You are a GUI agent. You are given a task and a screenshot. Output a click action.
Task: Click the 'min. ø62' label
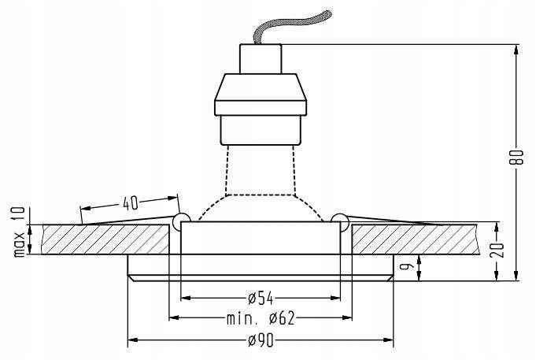point(261,318)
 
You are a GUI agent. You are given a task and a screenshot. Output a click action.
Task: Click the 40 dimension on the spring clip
point(130,202)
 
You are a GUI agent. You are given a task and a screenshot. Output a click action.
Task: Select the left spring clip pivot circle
point(180,220)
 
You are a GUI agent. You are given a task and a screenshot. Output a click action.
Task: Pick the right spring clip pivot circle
point(340,220)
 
